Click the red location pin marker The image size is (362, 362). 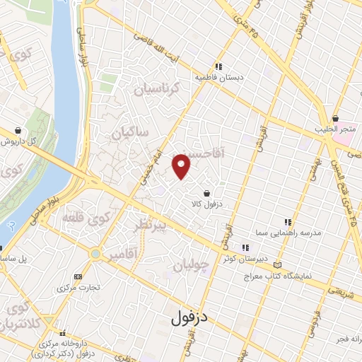(x=182, y=166)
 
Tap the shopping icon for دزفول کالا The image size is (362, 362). (x=206, y=193)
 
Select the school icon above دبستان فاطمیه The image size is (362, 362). (x=218, y=66)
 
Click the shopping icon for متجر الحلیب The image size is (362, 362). (x=334, y=119)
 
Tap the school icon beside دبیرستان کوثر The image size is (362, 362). (x=246, y=247)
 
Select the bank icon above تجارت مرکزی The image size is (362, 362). (x=78, y=276)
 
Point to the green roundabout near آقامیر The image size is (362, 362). (x=95, y=252)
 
